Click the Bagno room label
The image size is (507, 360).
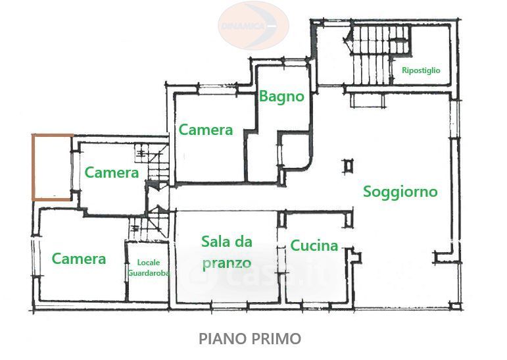281,97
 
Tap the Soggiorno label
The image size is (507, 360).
400,192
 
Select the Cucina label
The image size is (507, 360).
314,245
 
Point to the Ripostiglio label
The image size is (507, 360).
421,70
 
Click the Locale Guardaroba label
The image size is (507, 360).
149,268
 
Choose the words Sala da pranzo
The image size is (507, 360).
227,253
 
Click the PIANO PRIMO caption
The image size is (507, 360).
250,339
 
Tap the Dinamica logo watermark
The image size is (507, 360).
253,26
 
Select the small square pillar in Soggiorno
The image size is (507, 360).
349,166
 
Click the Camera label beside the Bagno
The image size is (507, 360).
206,130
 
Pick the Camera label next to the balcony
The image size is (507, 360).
112,172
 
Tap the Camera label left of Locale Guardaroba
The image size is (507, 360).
79,259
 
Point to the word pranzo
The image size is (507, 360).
227,264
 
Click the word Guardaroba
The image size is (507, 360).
149,273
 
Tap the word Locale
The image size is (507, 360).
149,262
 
